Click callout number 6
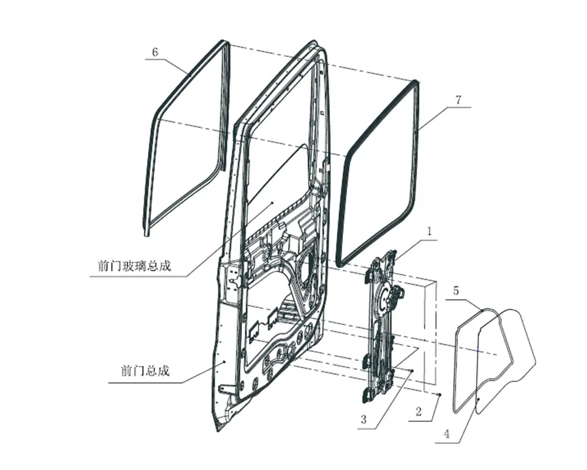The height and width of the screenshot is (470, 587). (x=155, y=52)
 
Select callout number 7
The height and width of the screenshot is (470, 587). (x=458, y=100)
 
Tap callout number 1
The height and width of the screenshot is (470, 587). (x=430, y=231)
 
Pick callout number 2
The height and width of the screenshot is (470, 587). (x=419, y=412)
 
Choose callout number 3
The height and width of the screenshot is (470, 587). (x=363, y=419)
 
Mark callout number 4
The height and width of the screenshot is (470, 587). (x=447, y=434)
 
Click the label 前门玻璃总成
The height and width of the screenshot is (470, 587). (x=134, y=266)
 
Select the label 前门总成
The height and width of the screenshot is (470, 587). (x=145, y=371)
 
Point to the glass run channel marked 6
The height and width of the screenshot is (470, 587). (x=186, y=138)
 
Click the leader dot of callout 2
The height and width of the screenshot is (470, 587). (x=440, y=394)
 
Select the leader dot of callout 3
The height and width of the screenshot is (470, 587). (x=412, y=371)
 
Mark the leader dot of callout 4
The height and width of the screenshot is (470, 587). (x=479, y=399)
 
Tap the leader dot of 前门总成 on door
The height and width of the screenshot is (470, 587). (x=224, y=362)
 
